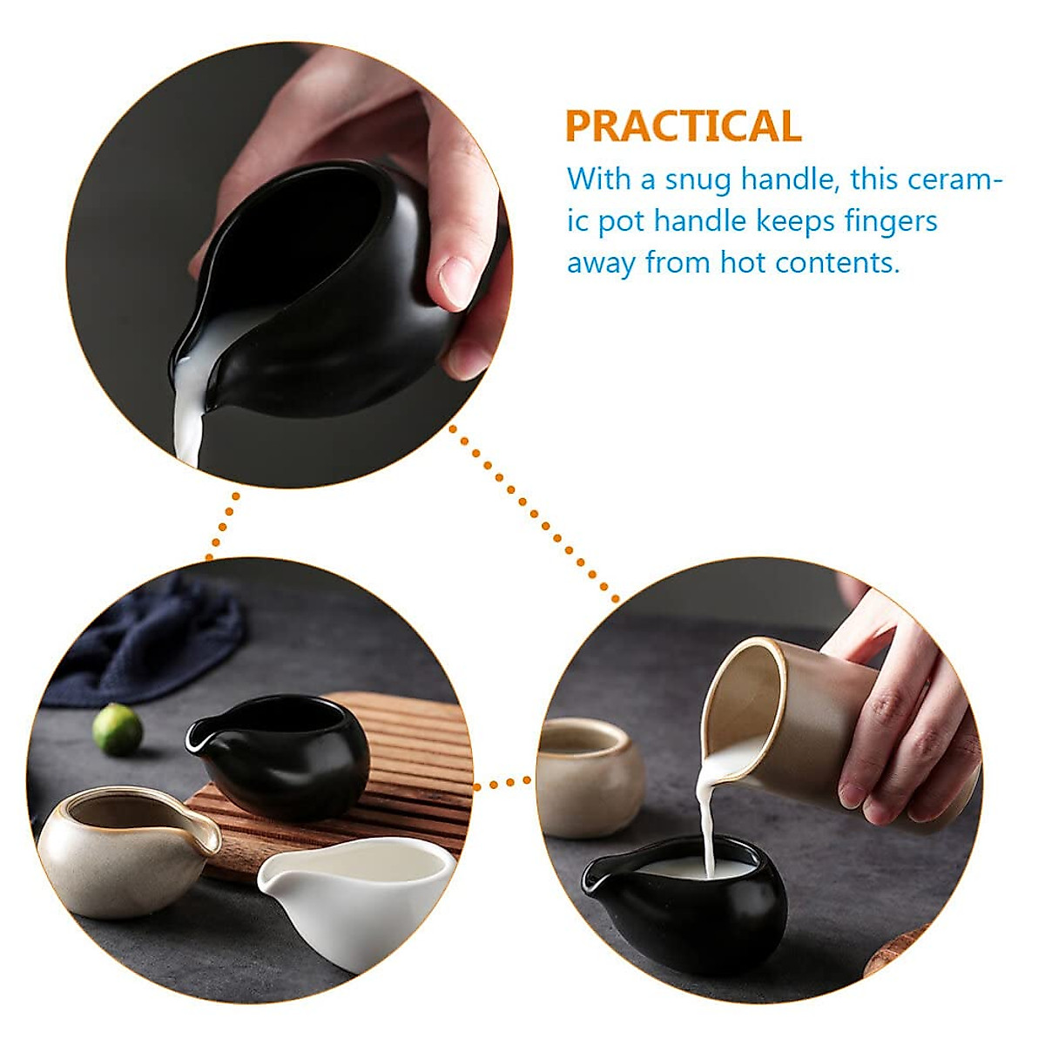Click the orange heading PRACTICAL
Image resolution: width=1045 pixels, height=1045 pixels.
pyautogui.click(x=684, y=126)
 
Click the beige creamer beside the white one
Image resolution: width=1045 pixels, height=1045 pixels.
pyautogui.click(x=122, y=849)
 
